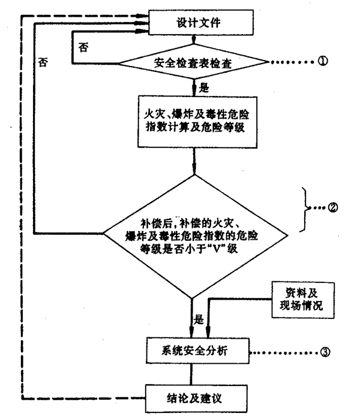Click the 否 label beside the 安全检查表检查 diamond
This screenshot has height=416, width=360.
click(85, 46)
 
